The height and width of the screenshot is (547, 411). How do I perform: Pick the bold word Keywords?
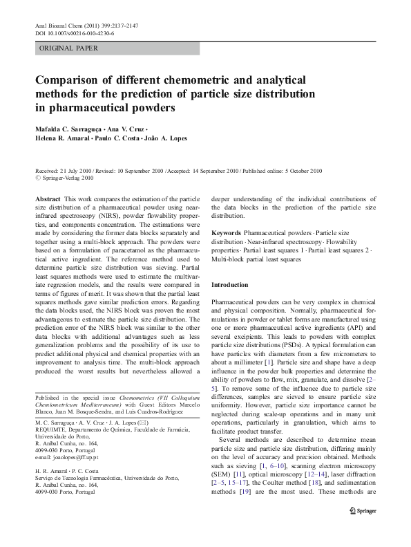pyautogui.click(x=226, y=233)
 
